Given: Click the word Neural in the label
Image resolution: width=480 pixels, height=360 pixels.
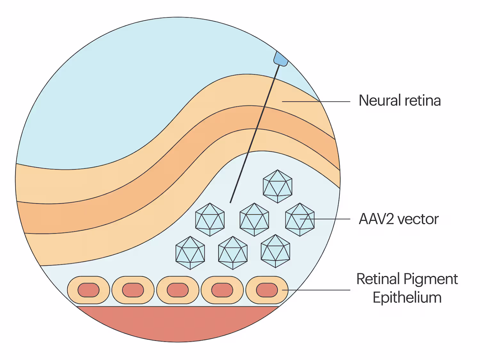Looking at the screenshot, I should click(x=380, y=100).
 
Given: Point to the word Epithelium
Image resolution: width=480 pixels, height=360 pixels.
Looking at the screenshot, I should click(x=407, y=298).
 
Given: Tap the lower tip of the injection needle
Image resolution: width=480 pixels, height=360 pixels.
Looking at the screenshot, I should click(x=231, y=202).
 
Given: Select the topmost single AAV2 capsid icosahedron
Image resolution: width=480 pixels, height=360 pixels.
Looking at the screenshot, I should click(x=277, y=186).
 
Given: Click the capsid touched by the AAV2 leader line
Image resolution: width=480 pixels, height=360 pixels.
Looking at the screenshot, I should click(x=300, y=220).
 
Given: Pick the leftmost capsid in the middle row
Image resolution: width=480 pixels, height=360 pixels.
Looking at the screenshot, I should click(x=210, y=220).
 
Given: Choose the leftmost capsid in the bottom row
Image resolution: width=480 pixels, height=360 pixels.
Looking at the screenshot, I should click(x=190, y=253).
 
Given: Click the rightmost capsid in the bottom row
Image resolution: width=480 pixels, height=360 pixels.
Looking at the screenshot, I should click(x=276, y=251).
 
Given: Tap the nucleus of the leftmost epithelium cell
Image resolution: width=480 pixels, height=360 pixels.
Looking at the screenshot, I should click(x=88, y=290).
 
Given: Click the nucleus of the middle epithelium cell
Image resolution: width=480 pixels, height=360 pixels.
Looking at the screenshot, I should click(x=178, y=290).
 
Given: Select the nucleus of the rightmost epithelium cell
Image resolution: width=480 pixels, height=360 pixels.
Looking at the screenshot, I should click(x=267, y=290).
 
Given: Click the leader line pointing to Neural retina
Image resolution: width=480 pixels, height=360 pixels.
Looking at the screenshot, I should click(x=333, y=102).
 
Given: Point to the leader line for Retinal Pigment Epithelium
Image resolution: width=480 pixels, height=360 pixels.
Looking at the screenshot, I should click(x=320, y=290).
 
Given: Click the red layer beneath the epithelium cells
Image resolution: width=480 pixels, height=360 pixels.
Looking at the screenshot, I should click(x=178, y=323).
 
